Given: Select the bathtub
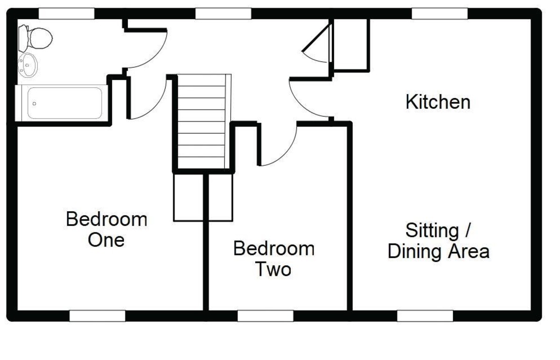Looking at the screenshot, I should pos(64,103).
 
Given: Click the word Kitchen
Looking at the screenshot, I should pos(438,102).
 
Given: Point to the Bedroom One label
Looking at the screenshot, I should pos(106,229).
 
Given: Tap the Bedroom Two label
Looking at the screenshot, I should pos(273,259).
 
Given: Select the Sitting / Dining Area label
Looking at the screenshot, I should pos(438,241).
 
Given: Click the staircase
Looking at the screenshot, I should pos(202,121).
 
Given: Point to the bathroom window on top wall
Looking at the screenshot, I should pos(66,14).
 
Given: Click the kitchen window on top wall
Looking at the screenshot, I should pos(440,14).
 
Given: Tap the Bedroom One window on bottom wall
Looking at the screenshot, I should pos(98,316).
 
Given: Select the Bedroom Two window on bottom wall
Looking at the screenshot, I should pos(266,316).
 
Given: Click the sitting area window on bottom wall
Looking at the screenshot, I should pos(425,316).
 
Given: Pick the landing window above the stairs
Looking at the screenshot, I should pos(224,14).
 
